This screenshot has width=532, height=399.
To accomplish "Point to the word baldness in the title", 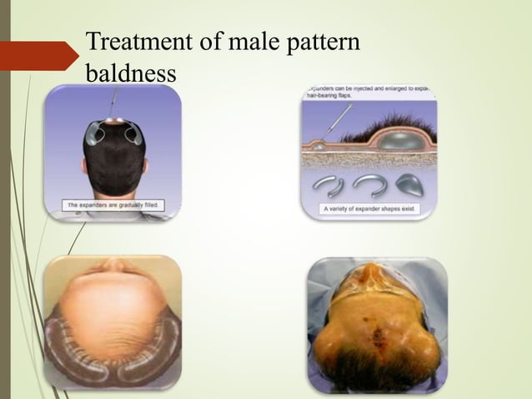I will click(132, 73).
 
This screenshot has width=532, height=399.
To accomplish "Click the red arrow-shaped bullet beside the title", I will click(45, 54).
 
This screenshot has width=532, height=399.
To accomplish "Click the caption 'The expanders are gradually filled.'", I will click(112, 204).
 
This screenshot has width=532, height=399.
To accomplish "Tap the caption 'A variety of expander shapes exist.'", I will click(369, 210).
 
